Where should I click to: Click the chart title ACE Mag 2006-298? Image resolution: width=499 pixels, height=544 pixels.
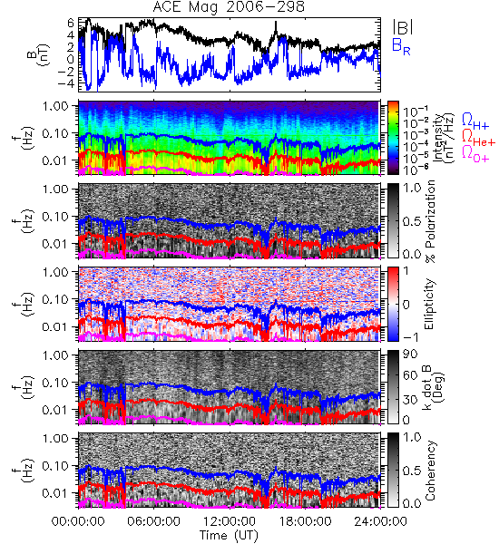(229, 6)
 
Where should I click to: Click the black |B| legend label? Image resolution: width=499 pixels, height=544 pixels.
(403, 27)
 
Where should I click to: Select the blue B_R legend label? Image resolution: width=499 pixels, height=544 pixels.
(401, 46)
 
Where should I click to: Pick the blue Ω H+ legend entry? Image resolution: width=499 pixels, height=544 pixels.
(475, 121)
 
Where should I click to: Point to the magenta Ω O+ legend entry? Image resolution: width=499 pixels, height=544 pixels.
(475, 154)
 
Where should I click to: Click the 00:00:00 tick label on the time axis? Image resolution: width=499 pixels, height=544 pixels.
(78, 521)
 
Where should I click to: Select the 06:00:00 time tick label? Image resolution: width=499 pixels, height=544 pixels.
(153, 521)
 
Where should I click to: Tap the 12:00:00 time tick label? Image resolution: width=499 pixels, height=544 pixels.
(230, 521)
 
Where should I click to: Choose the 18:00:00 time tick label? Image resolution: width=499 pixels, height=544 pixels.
(305, 521)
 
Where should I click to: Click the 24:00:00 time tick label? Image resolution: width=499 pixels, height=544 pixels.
(380, 521)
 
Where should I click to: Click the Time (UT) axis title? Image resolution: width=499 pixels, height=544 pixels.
(229, 536)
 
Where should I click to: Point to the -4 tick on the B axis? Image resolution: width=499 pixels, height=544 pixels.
(67, 84)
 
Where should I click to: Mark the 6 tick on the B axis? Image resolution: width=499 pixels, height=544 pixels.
(71, 23)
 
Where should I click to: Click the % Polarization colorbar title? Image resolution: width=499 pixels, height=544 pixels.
(430, 221)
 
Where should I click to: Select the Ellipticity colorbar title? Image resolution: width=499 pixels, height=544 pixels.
(429, 304)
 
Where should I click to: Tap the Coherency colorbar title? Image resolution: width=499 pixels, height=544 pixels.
(430, 471)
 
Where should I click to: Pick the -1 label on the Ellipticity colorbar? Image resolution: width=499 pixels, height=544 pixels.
(410, 337)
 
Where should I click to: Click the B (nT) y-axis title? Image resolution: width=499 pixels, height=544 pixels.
(38, 54)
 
